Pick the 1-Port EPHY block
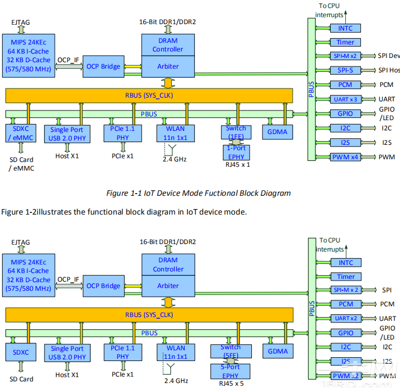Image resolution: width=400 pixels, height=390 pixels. click(x=236, y=152)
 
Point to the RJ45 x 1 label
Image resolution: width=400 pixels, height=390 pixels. click(x=236, y=165)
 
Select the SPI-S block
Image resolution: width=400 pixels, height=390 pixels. click(x=345, y=70)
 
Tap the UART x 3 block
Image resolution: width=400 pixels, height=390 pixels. click(x=345, y=99)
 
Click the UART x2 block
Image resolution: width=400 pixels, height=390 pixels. click(x=346, y=319)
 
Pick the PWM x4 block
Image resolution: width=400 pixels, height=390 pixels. click(x=345, y=157)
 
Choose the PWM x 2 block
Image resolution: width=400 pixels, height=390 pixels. click(x=346, y=376)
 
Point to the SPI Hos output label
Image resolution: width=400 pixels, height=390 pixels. click(x=389, y=70)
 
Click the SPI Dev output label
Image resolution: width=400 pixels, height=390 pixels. click(x=389, y=56)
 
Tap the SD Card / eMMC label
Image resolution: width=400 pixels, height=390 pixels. click(x=21, y=164)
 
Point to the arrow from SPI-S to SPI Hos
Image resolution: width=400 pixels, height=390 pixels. click(x=368, y=70)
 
